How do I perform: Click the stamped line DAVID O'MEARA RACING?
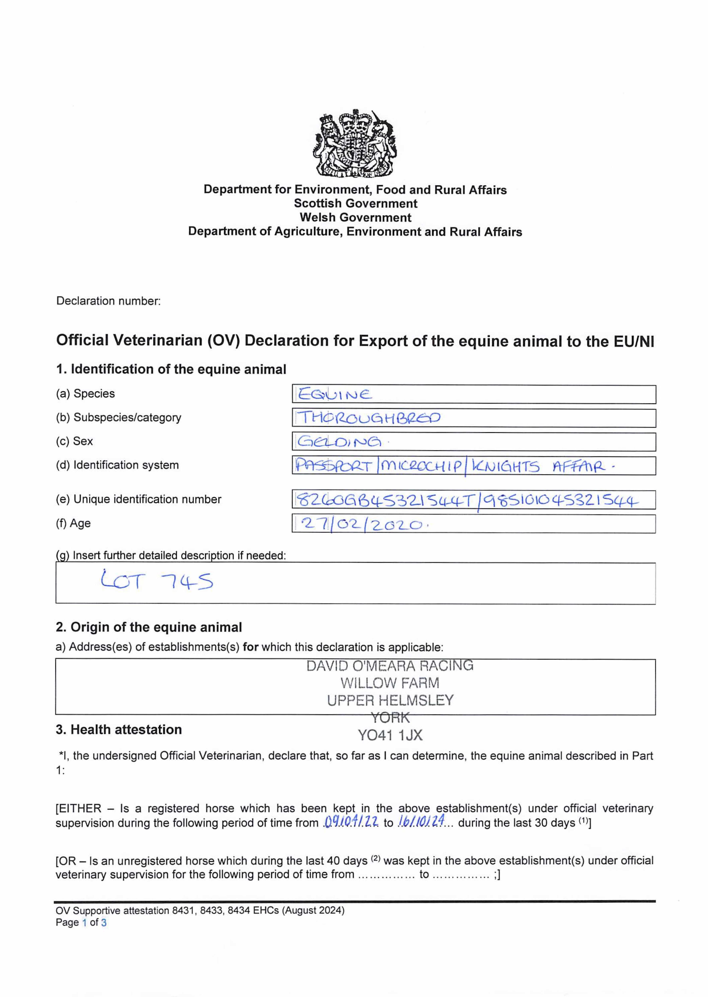tap(390, 666)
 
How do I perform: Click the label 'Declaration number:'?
tap(108, 301)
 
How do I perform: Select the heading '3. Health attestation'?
tap(118, 729)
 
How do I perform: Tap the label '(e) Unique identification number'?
tap(139, 499)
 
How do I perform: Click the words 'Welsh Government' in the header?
tap(355, 217)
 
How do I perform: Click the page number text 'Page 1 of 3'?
tap(81, 922)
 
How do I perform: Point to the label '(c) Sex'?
tap(75, 441)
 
